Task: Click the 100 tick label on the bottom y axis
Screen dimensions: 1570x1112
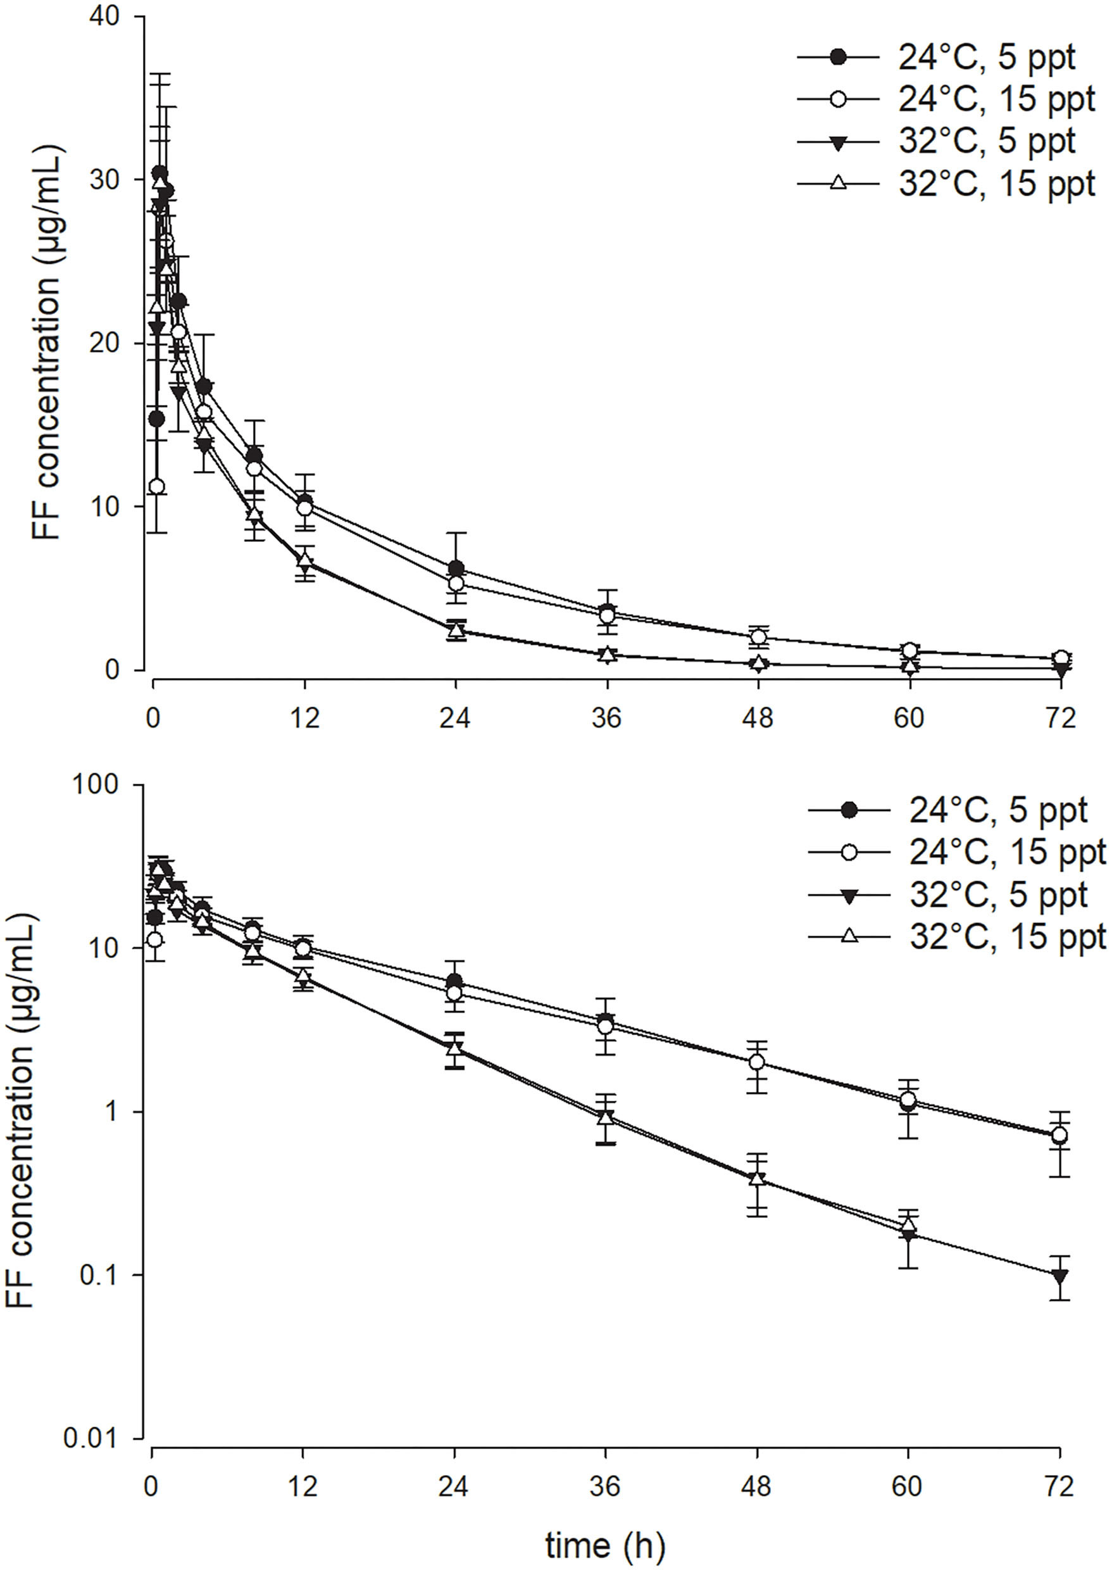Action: tap(103, 785)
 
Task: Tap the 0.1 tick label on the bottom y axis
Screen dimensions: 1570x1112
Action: tap(103, 1276)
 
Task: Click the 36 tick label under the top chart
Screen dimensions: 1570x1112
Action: tap(607, 718)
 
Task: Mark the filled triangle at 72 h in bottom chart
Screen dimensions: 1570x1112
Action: tap(1061, 1276)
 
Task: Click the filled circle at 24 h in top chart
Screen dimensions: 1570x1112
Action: tap(456, 568)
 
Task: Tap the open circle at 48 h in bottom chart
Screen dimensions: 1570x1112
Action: tap(758, 1062)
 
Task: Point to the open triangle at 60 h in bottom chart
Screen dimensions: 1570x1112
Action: tap(909, 1224)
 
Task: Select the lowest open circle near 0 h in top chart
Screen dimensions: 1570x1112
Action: tap(157, 486)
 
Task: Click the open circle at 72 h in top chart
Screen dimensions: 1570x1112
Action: tap(1061, 658)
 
